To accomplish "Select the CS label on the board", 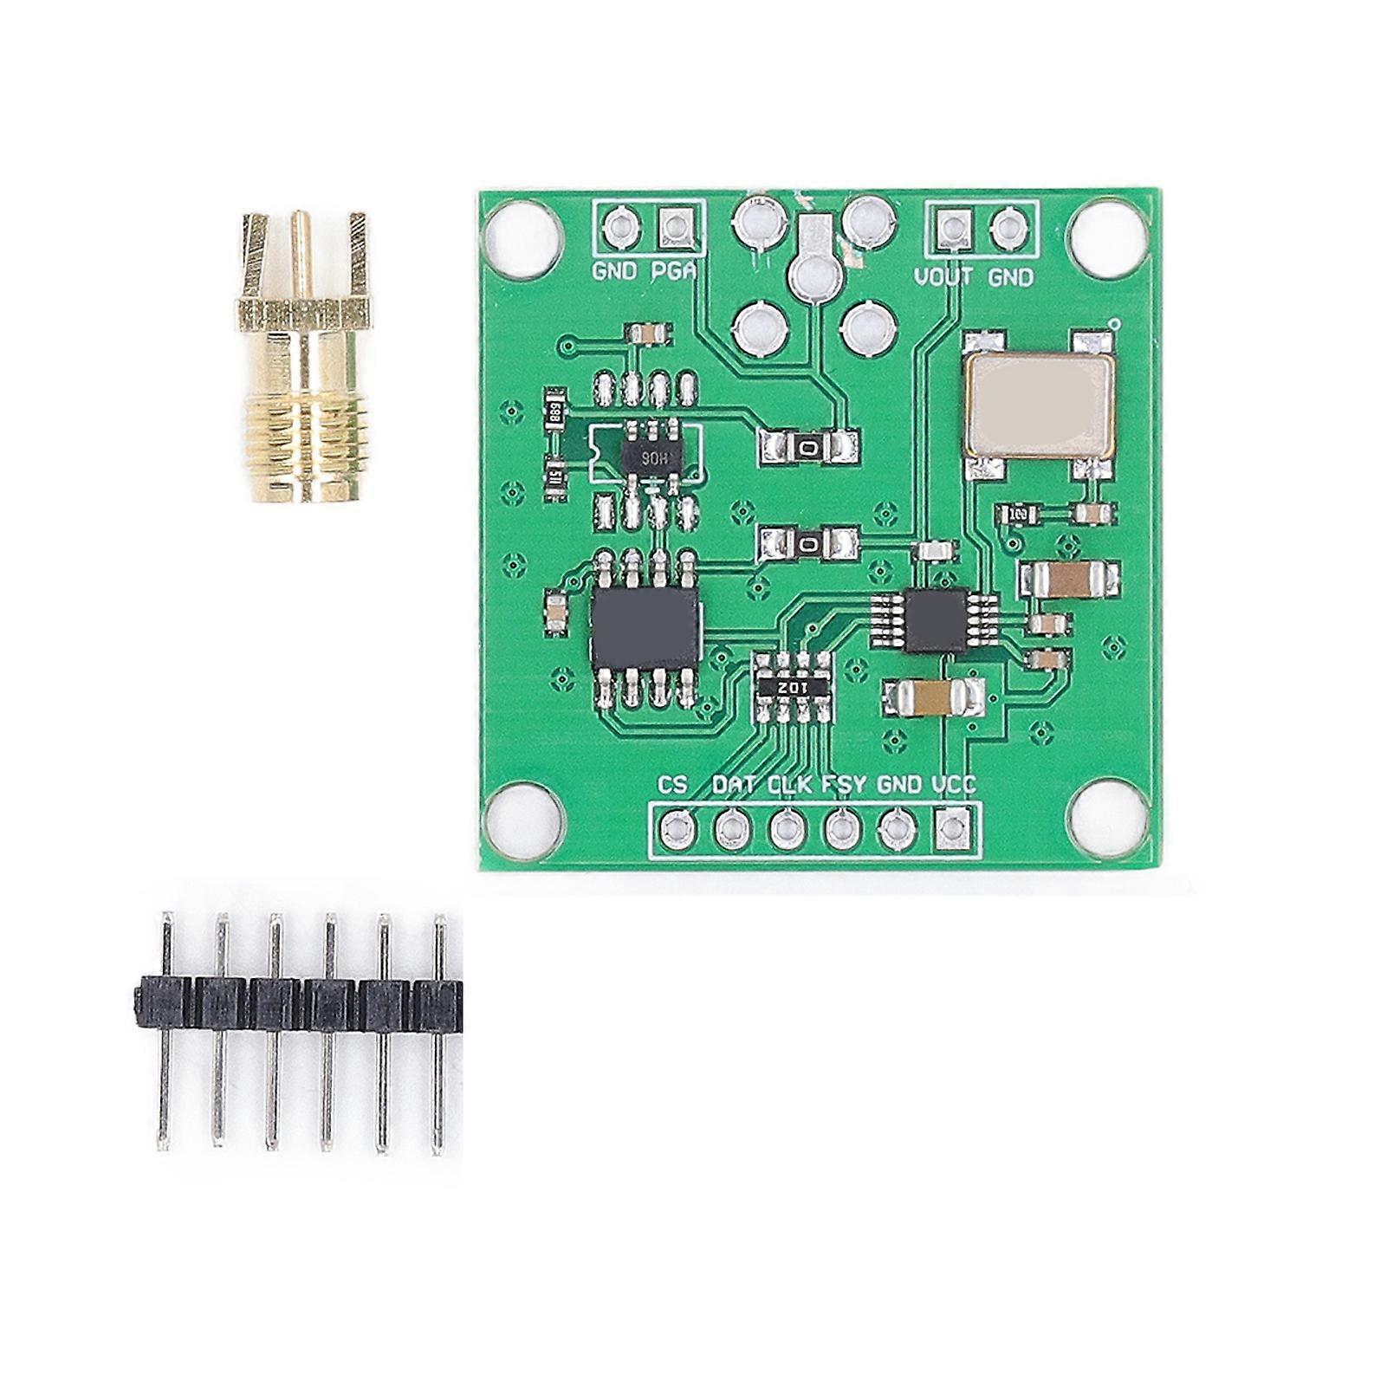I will tap(673, 785).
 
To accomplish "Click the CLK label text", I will tap(790, 785).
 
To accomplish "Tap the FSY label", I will tap(843, 785).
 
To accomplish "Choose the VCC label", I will tap(954, 785).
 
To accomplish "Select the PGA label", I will tap(674, 271).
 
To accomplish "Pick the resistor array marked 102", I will tap(793, 686).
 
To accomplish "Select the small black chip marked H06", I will tap(645, 457).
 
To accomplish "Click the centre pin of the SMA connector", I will tap(301, 251).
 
